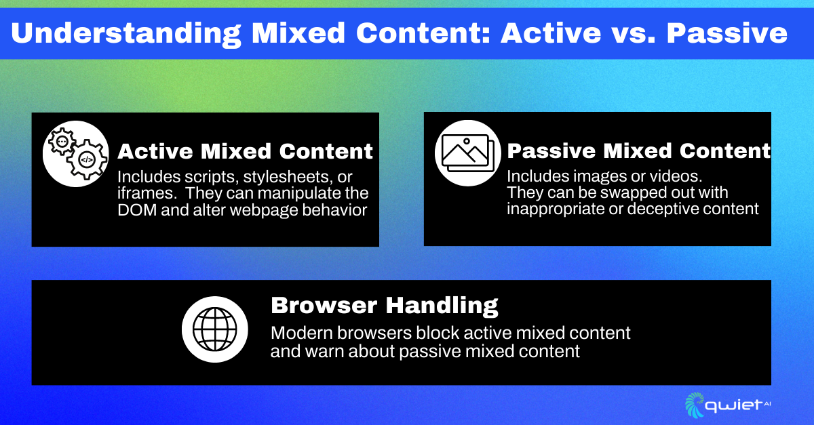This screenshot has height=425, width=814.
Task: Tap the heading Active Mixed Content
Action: click(x=246, y=150)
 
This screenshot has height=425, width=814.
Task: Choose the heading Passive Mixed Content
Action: click(x=638, y=150)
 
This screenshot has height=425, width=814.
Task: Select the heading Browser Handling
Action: click(x=384, y=305)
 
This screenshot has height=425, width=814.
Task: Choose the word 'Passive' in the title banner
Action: click(x=729, y=33)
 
